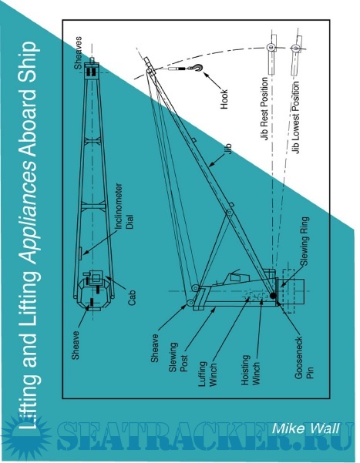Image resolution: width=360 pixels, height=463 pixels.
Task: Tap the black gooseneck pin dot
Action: point(274,295)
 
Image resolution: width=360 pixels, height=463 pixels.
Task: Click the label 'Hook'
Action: point(224,99)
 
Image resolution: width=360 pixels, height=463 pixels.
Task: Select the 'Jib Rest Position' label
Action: point(264,109)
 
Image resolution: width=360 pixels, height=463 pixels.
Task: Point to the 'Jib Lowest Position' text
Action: point(295,117)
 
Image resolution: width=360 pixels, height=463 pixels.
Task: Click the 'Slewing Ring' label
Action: point(304,241)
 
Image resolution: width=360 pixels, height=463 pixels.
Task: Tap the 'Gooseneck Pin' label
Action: point(304,358)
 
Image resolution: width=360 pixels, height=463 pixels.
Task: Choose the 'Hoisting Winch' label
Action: point(251,370)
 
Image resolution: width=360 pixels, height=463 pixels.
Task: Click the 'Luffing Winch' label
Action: point(208,373)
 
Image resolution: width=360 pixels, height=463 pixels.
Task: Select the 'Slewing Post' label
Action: point(178,357)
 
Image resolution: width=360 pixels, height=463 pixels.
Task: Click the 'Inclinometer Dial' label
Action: point(123,206)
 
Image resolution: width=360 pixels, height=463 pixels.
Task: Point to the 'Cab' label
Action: point(132,297)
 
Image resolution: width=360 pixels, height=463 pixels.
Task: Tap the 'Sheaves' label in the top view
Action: point(78,53)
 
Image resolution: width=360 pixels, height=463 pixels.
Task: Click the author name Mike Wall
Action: point(305,428)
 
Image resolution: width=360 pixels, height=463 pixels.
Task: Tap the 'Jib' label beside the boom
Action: point(227,149)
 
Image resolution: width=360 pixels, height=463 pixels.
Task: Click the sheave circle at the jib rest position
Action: point(270,47)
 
